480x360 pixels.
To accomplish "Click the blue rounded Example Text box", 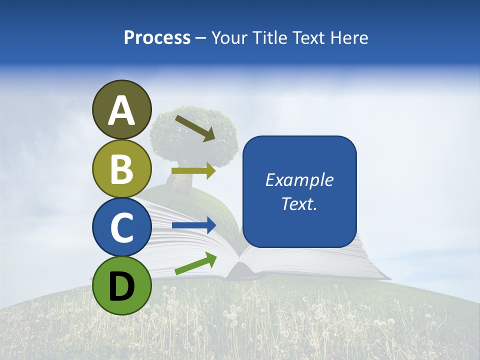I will (x=299, y=220).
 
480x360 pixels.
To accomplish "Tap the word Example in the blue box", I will (x=299, y=180).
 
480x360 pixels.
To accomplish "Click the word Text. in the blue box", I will (x=299, y=204).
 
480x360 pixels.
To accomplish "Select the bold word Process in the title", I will (x=157, y=37).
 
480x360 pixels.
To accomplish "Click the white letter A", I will (x=122, y=111).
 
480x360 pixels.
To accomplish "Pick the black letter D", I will (x=122, y=287).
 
